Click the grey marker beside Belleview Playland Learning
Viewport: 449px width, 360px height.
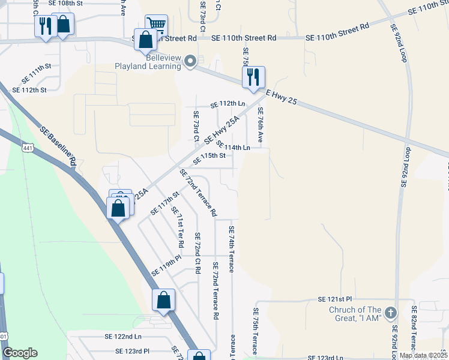(191, 61)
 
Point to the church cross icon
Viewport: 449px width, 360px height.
(391, 313)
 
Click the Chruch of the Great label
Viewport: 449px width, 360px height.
(355, 314)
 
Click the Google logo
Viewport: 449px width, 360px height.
(20, 353)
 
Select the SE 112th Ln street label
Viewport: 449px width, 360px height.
(228, 104)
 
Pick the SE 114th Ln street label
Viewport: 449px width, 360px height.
(233, 147)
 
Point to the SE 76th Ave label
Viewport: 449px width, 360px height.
(261, 124)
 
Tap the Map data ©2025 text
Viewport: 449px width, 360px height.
(423, 355)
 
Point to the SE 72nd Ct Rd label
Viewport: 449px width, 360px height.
(196, 253)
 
